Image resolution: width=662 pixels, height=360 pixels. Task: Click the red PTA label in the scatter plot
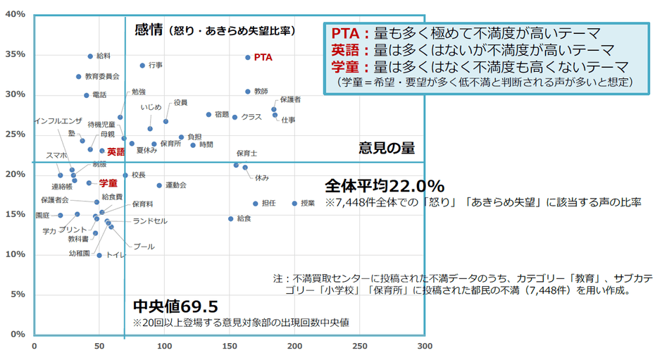click(263, 57)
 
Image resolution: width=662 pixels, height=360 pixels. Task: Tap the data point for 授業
click(294, 204)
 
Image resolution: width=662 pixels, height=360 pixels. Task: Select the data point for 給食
click(230, 218)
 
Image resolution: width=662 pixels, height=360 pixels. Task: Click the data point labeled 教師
click(247, 92)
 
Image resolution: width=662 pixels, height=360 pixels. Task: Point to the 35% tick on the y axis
click(15, 54)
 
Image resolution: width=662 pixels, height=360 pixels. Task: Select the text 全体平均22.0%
click(384, 186)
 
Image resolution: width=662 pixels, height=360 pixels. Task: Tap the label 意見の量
click(386, 148)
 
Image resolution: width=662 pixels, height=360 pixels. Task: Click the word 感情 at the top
click(149, 30)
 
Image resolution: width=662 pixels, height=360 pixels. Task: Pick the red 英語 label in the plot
click(115, 151)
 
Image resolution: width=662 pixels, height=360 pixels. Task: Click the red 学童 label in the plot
click(108, 183)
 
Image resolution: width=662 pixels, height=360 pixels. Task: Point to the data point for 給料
click(90, 56)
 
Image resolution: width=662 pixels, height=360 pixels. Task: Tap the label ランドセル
click(150, 221)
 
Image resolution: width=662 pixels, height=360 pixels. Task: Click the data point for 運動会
click(159, 185)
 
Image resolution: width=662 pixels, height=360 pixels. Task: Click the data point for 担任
click(256, 204)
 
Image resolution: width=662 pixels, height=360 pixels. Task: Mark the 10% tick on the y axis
click(15, 254)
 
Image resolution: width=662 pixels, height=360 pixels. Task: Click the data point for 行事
click(142, 66)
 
